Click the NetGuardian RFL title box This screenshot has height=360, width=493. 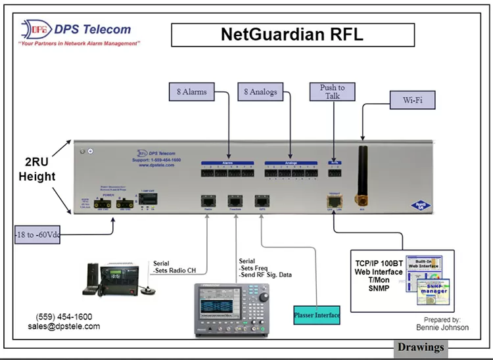coord(293,34)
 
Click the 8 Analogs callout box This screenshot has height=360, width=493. coord(260,92)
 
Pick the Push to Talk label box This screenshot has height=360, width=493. coord(333,92)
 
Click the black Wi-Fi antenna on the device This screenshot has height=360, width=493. coord(362,172)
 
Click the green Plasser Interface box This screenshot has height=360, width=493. coord(317,315)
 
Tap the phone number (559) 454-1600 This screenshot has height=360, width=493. coord(64,316)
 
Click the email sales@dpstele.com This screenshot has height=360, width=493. coord(64,326)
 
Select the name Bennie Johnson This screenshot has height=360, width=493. coord(442,327)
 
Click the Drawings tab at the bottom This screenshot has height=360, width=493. coord(421,348)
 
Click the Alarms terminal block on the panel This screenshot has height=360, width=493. coord(227,172)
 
